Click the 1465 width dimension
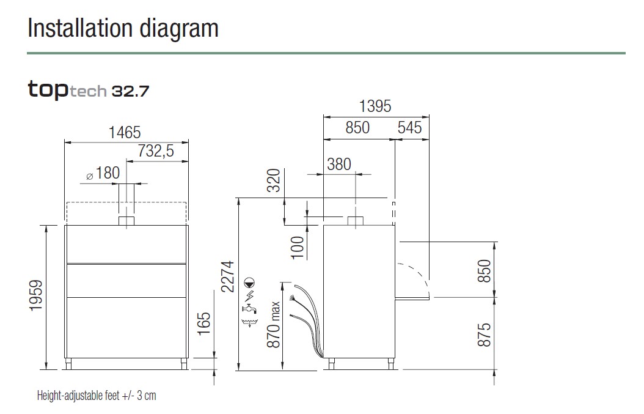pos(125,133)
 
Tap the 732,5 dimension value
pos(156,151)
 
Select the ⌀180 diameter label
pos(103,173)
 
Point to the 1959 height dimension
pos(36,295)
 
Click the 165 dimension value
pos(204,323)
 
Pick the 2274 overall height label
pos(227,276)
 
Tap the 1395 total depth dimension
pos(375,106)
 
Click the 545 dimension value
pos(409,127)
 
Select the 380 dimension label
pos(339,164)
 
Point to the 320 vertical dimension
pos(274,180)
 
